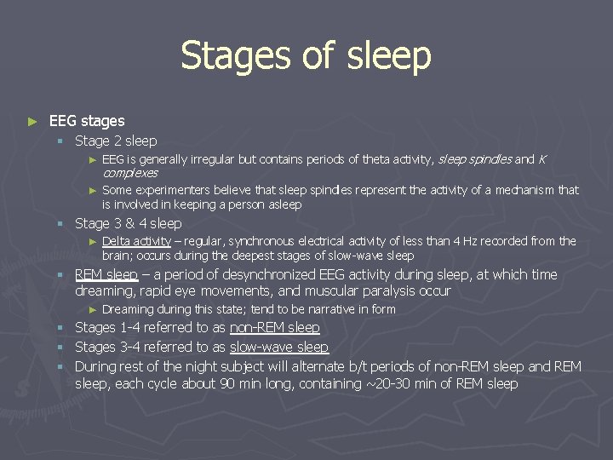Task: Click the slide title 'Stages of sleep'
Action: click(x=306, y=56)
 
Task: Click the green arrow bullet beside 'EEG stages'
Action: click(x=32, y=122)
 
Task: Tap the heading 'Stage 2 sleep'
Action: click(x=116, y=141)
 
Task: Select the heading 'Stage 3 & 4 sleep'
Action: click(x=129, y=223)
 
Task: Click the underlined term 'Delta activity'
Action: click(x=136, y=241)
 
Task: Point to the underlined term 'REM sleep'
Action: click(x=106, y=274)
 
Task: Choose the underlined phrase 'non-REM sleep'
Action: click(x=274, y=327)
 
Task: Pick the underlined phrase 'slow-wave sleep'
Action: click(x=278, y=347)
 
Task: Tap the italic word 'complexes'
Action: click(x=129, y=173)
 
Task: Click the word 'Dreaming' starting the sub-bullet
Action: click(x=128, y=309)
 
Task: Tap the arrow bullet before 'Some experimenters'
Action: click(x=94, y=191)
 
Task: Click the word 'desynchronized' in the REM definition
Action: click(x=268, y=274)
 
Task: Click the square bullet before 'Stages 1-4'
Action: click(x=61, y=328)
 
